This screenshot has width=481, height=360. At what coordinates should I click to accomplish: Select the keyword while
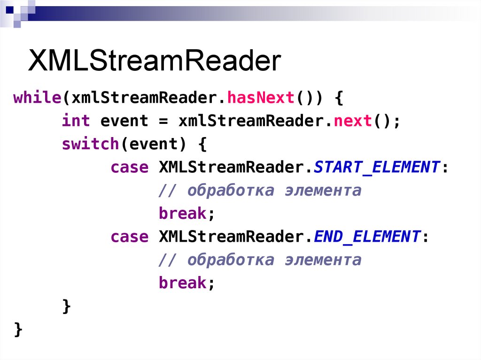click(38, 98)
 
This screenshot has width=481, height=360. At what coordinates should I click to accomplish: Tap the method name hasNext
click(261, 98)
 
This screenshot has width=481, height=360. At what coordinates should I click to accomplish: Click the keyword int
click(76, 121)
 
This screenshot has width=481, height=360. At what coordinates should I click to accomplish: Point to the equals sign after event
click(163, 121)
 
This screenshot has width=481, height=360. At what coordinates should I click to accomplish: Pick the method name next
click(353, 121)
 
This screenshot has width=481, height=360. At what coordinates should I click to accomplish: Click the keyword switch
click(91, 144)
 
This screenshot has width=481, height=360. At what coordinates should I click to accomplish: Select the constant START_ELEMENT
click(377, 167)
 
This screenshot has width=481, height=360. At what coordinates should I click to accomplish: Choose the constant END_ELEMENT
click(367, 237)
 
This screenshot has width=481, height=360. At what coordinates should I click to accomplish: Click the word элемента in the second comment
click(323, 260)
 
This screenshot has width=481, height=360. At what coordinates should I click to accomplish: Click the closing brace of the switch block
click(67, 306)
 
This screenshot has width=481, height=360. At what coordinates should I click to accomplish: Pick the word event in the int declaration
click(124, 121)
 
